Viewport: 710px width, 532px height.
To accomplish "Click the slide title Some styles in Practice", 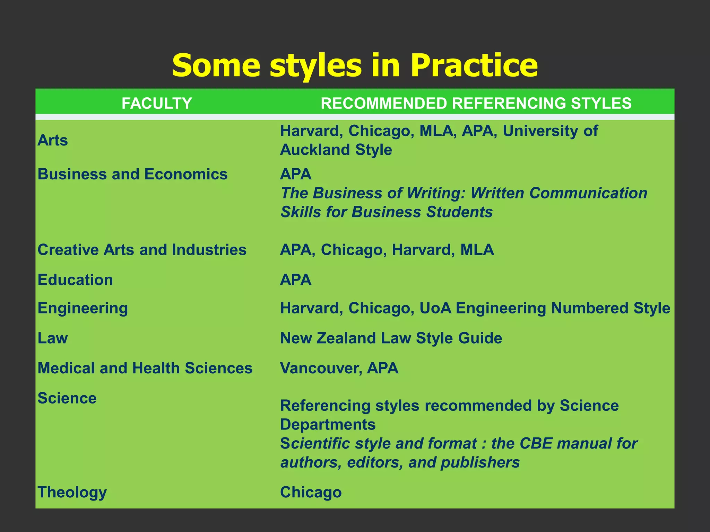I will [355, 65].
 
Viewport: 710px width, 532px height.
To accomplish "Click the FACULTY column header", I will [157, 103].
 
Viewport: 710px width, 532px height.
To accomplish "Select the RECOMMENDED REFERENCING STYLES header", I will [476, 103].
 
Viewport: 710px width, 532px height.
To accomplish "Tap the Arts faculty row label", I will [53, 140].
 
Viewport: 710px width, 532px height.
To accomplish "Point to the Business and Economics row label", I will [132, 174].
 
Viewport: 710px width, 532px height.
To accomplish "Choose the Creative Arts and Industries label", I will [142, 250].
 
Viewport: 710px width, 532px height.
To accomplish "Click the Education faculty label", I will [75, 280].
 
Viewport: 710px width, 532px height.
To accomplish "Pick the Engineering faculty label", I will [83, 308].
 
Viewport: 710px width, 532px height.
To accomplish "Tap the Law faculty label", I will [53, 338].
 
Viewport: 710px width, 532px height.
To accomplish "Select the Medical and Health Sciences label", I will [145, 368].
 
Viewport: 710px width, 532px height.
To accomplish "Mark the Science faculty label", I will [67, 398].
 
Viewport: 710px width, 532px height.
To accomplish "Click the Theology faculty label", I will [72, 492].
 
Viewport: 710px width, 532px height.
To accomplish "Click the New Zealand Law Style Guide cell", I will [391, 338].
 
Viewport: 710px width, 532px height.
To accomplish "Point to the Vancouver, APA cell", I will [339, 368].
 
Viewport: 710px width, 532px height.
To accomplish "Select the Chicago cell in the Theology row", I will [311, 492].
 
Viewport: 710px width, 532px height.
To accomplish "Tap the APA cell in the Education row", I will [296, 280].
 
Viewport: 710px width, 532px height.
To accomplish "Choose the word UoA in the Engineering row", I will [435, 308].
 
